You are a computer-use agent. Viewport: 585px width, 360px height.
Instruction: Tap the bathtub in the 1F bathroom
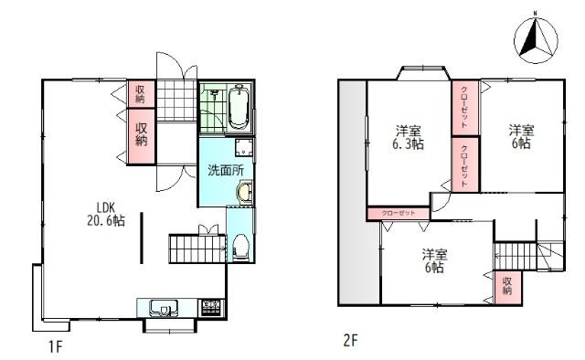pyautogui.click(x=240, y=108)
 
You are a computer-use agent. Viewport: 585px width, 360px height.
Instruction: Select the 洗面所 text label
pyautogui.click(x=224, y=170)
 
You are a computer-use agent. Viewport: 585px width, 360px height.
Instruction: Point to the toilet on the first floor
pyautogui.click(x=240, y=246)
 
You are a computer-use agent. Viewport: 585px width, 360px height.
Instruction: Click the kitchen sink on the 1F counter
pyautogui.click(x=164, y=307)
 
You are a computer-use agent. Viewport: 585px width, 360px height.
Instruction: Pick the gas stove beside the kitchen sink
pyautogui.click(x=210, y=307)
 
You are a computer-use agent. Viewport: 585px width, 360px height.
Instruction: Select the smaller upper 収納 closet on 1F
pyautogui.click(x=141, y=93)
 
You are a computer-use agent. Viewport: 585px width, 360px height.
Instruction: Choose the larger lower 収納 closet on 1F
pyautogui.click(x=141, y=134)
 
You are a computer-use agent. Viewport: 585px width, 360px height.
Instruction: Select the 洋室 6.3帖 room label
pyautogui.click(x=409, y=136)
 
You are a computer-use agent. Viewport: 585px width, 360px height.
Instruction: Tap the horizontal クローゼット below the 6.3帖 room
pyautogui.click(x=399, y=213)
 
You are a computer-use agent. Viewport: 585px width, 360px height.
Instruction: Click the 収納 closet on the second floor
pyautogui.click(x=507, y=289)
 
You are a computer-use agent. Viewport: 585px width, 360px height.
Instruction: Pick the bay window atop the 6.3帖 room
pyautogui.click(x=420, y=73)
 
